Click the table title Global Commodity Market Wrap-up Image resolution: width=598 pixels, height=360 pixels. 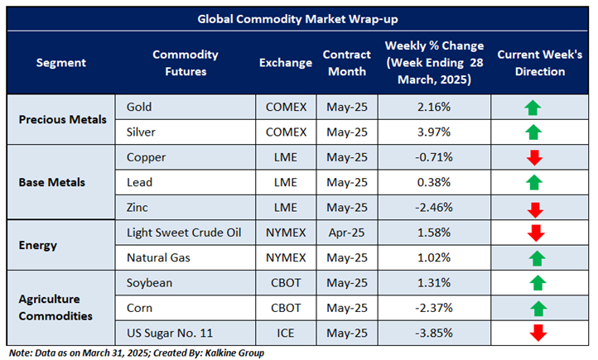click(298, 19)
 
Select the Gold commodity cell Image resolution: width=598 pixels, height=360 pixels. click(140, 108)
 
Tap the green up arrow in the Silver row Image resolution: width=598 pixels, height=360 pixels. click(533, 132)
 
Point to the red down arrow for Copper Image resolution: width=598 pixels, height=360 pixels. click(533, 157)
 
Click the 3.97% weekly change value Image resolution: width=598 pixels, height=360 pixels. click(434, 132)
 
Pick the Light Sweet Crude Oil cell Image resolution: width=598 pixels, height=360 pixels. click(184, 233)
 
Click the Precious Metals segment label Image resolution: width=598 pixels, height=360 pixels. click(63, 119)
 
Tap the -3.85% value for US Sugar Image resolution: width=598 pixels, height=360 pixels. click(434, 333)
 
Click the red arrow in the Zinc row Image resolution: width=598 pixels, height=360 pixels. click(533, 209)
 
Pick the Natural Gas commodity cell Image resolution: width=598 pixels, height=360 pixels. click(159, 257)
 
